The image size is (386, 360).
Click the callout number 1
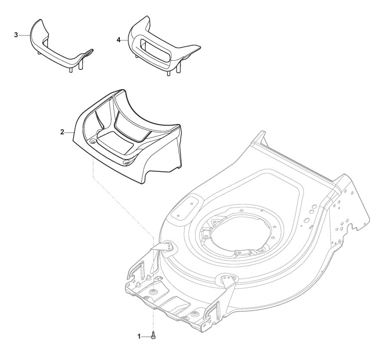(139, 337)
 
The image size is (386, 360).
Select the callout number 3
(16, 35)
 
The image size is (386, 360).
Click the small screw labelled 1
(153, 337)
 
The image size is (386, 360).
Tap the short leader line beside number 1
(146, 337)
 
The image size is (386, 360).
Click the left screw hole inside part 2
(93, 142)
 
